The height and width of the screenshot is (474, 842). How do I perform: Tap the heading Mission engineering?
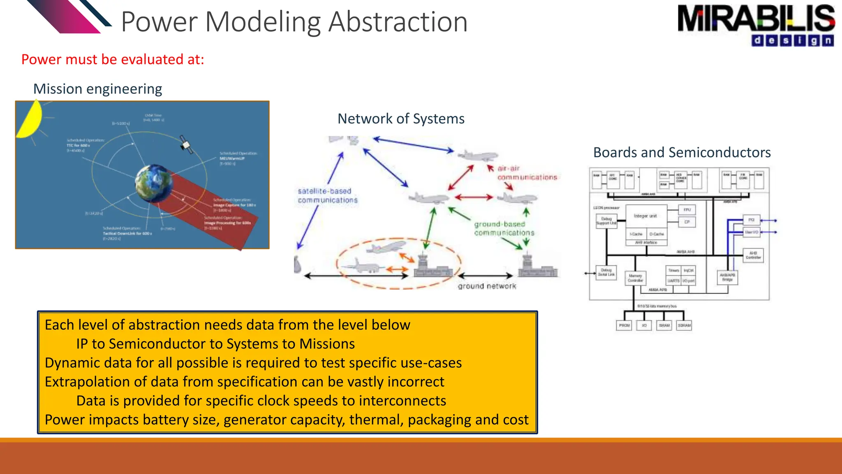pyautogui.click(x=97, y=89)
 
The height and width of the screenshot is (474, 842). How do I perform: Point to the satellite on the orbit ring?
pyautogui.click(x=186, y=145)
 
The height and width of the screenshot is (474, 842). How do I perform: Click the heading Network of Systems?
pyautogui.click(x=401, y=118)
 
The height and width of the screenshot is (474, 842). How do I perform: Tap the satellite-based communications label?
pyautogui.click(x=327, y=195)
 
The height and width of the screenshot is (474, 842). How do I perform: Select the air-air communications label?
pyautogui.click(x=527, y=173)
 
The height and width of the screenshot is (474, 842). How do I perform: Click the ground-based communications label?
pyautogui.click(x=504, y=228)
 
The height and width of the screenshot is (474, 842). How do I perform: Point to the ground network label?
pyautogui.click(x=487, y=286)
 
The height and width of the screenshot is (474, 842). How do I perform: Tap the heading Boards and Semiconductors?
pyautogui.click(x=682, y=152)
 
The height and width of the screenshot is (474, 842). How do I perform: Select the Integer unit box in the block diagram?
pyautogui.click(x=645, y=216)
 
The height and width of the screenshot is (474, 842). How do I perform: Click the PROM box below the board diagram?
pyautogui.click(x=624, y=325)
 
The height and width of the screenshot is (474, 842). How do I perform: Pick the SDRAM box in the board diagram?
pyautogui.click(x=684, y=325)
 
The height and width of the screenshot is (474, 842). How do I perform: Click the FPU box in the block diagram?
pyautogui.click(x=687, y=210)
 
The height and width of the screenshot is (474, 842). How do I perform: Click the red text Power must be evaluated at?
pyautogui.click(x=113, y=59)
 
